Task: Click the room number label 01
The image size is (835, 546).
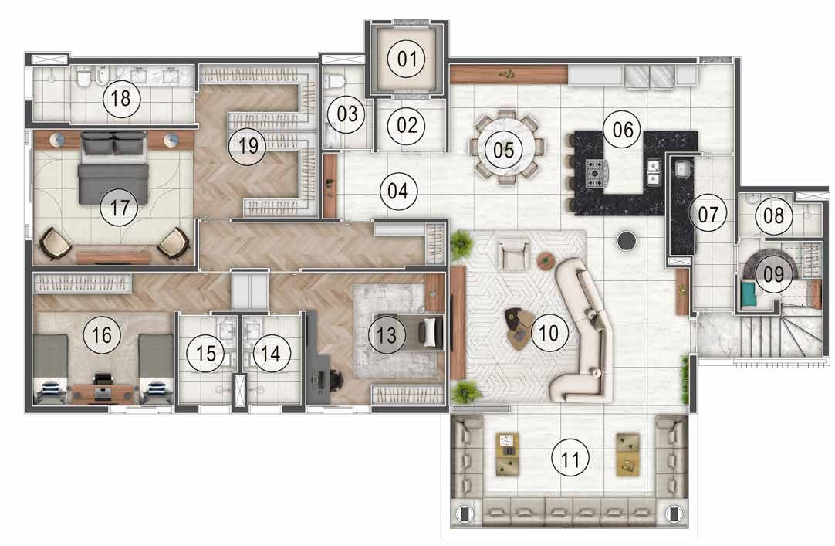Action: (406, 59)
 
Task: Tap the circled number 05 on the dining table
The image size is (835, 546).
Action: (503, 149)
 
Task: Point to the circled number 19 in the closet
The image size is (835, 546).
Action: (248, 144)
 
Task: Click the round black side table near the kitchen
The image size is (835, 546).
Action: (626, 241)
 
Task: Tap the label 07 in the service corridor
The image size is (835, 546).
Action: (707, 214)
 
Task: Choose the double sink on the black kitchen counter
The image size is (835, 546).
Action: (653, 172)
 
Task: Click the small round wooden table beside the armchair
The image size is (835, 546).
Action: (547, 260)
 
